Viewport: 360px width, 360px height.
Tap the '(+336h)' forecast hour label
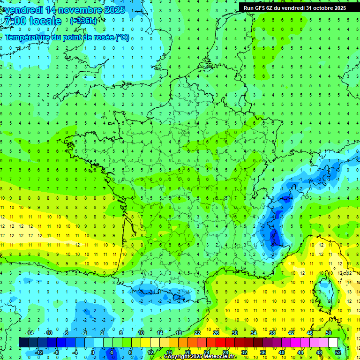pos(83,21)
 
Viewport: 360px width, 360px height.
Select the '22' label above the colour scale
pos(197,333)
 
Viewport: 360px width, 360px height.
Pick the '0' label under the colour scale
pos(93,352)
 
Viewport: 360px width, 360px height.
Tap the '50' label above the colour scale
pos(329,333)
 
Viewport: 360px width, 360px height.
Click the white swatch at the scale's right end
pos(333,343)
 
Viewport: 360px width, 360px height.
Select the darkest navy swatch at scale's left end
pos(23,343)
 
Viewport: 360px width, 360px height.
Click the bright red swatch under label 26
pos(220,343)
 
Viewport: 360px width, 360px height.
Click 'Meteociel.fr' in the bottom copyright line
pos(221,357)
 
